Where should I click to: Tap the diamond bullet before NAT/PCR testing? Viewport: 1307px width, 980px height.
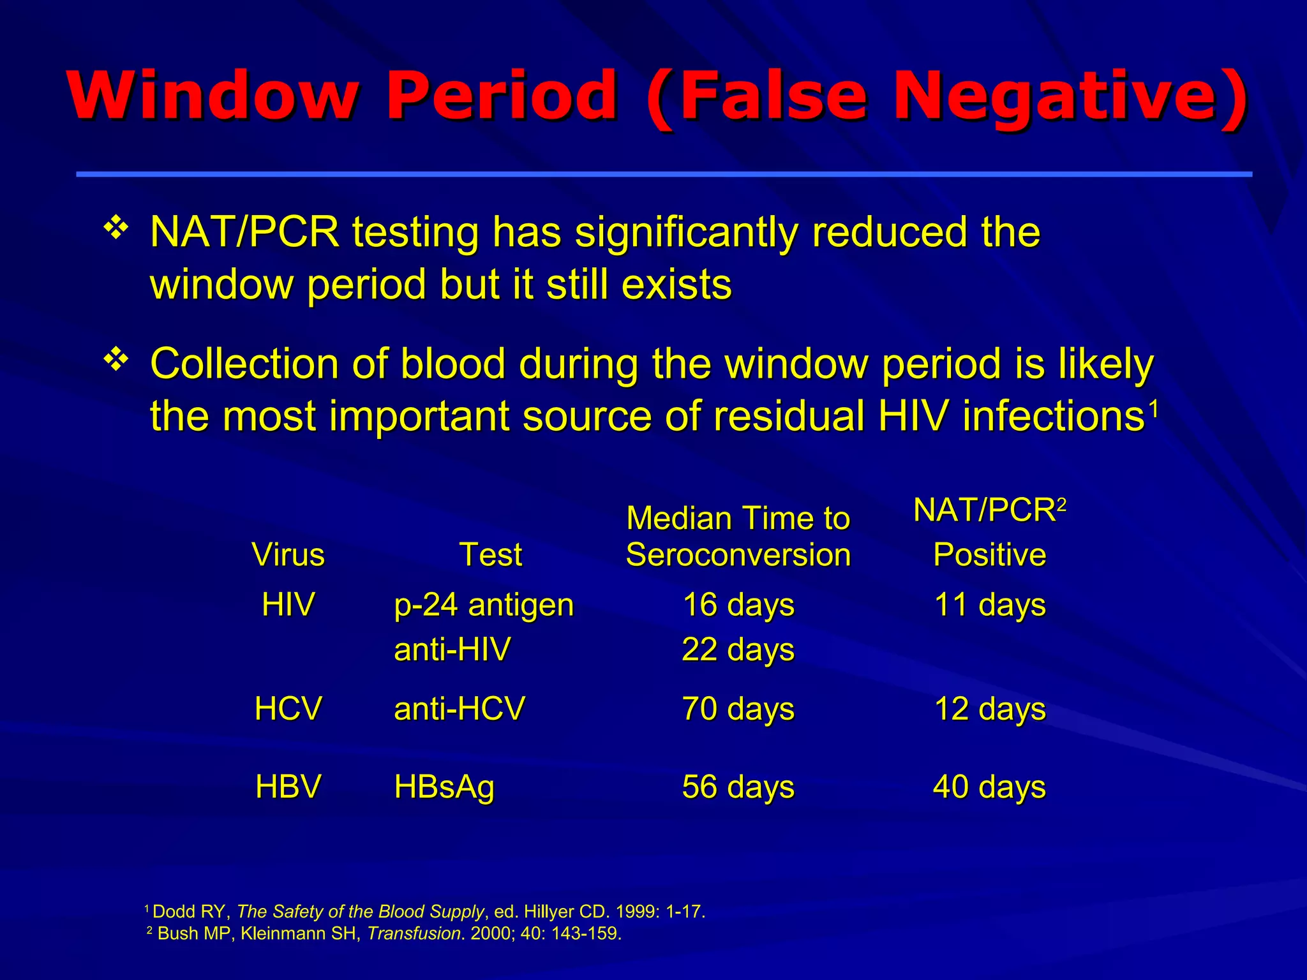pyautogui.click(x=116, y=228)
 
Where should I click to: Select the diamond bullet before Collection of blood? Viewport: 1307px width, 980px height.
pyautogui.click(x=116, y=360)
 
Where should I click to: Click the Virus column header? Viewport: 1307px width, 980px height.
pyautogui.click(x=288, y=554)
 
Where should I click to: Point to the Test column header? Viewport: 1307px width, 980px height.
pyautogui.click(x=491, y=554)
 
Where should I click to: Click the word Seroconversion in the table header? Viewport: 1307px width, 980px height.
pyautogui.click(x=738, y=554)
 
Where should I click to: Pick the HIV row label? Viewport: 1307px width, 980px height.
pyautogui.click(x=288, y=604)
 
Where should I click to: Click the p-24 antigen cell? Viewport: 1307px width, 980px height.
pyautogui.click(x=484, y=605)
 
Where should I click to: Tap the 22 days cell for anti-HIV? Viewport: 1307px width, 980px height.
pyautogui.click(x=738, y=650)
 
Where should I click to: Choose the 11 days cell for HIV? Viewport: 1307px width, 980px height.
pyautogui.click(x=990, y=604)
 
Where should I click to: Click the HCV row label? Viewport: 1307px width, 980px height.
pyautogui.click(x=288, y=709)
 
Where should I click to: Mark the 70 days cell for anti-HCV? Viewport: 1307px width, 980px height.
pyautogui.click(x=738, y=709)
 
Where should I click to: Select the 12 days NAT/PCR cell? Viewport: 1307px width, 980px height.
pyautogui.click(x=990, y=709)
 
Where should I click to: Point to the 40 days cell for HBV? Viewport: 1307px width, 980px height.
pyautogui.click(x=990, y=787)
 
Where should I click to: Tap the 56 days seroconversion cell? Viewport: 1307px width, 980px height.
pyautogui.click(x=738, y=787)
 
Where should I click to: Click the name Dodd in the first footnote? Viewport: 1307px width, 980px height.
pyautogui.click(x=174, y=912)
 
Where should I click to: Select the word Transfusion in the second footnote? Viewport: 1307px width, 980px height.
pyautogui.click(x=414, y=933)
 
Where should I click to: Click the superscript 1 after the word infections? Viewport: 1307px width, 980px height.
pyautogui.click(x=1153, y=406)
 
